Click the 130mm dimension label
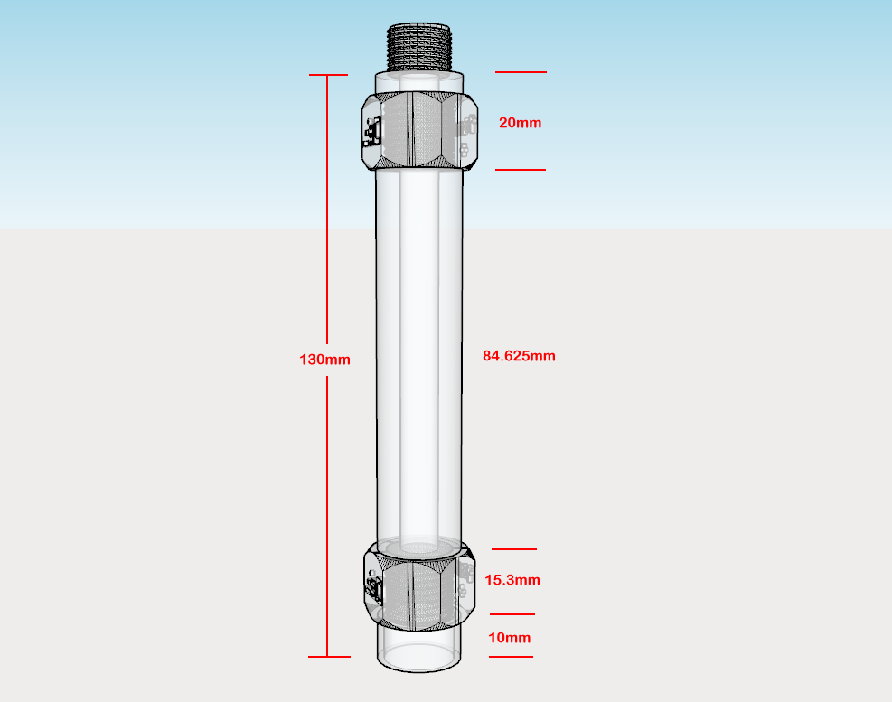pos(324,360)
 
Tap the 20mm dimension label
pos(520,123)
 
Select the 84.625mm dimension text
pos(519,356)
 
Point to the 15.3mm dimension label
pos(512,580)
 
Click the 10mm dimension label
pos(510,638)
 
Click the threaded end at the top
pos(419,47)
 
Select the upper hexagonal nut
pos(420,130)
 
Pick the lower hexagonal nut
pos(420,586)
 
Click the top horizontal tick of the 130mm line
pos(328,74)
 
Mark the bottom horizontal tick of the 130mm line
pos(329,657)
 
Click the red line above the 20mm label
pos(521,72)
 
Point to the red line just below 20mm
pos(520,170)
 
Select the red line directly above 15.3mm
pos(513,549)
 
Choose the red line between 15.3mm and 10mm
pos(512,614)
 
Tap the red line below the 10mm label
pos(511,657)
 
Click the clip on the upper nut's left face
pos(372,132)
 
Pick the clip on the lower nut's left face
pos(374,589)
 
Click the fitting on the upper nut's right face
pos(466,135)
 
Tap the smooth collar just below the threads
pos(419,82)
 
